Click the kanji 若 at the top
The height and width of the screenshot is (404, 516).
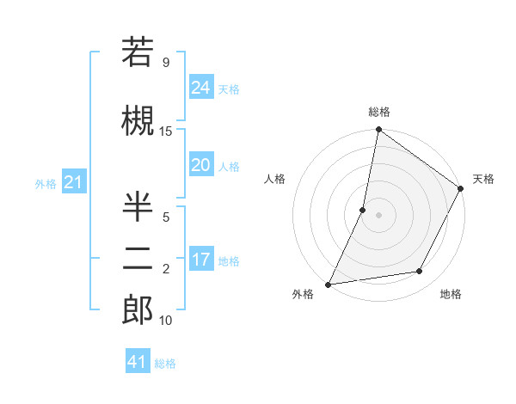pyautogui.click(x=137, y=53)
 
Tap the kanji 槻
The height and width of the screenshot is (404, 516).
pyautogui.click(x=137, y=121)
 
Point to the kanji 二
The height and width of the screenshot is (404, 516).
pyautogui.click(x=137, y=260)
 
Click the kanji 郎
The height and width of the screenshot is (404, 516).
pyautogui.click(x=137, y=310)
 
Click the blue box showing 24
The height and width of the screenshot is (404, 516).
pyautogui.click(x=200, y=87)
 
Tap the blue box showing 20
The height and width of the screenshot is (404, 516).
pyautogui.click(x=200, y=165)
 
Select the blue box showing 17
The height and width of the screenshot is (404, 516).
pyautogui.click(x=200, y=260)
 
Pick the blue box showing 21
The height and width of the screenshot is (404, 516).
pyautogui.click(x=73, y=182)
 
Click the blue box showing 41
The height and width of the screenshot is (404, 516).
pyautogui.click(x=138, y=362)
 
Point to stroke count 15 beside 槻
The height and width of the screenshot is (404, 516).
pyautogui.click(x=166, y=131)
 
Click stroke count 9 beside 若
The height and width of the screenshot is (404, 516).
pyautogui.click(x=166, y=63)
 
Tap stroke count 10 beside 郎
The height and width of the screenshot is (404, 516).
pyautogui.click(x=166, y=321)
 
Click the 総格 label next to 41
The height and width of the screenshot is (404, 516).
pyautogui.click(x=165, y=364)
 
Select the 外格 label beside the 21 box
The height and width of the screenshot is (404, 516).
pyautogui.click(x=46, y=184)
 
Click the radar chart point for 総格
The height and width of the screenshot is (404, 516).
pyautogui.click(x=378, y=131)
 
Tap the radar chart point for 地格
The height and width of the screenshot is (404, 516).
pyautogui.click(x=420, y=272)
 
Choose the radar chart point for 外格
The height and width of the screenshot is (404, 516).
pyautogui.click(x=329, y=284)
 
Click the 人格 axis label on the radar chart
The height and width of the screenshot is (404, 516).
pyautogui.click(x=275, y=179)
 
